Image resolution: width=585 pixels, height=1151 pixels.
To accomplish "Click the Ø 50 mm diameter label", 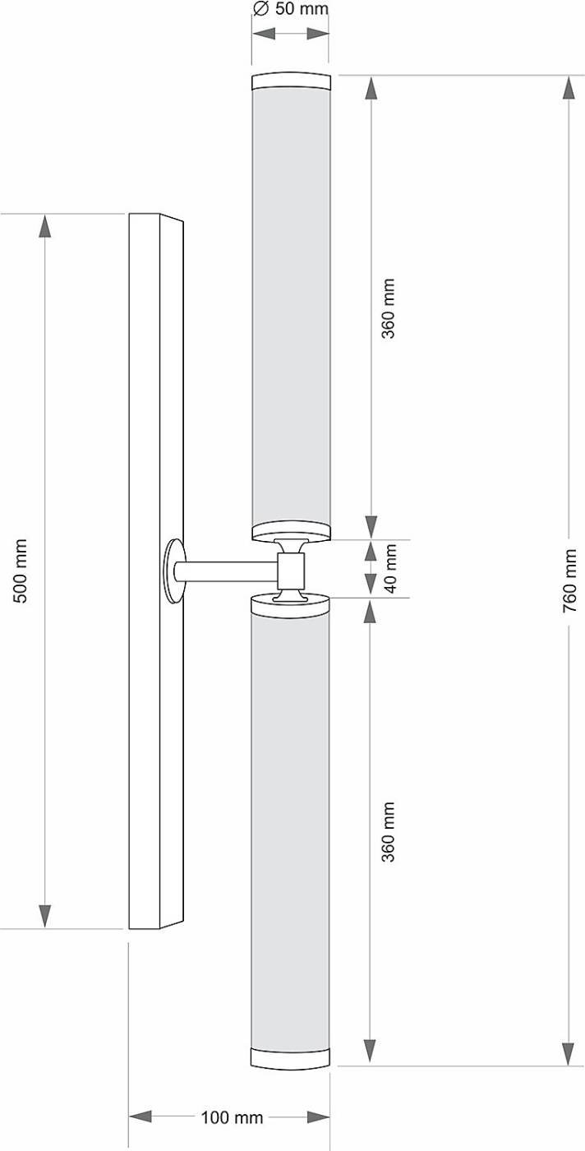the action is [x=291, y=9].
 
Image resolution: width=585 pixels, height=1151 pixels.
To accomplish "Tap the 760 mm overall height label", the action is [x=569, y=580].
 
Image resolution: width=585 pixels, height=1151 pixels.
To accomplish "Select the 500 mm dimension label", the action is [x=20, y=571].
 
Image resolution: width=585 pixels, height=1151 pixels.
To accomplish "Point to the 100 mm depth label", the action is [x=232, y=1117].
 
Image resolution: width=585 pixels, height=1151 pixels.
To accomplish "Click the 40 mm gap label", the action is [x=390, y=568].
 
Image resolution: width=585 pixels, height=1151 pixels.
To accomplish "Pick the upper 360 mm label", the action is [x=389, y=308].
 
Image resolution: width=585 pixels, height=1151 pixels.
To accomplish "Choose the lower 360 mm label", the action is [x=389, y=831].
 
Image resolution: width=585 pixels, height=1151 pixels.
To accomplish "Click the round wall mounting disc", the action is [x=173, y=571].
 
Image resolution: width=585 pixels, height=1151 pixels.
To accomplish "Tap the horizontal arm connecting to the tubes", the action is [x=226, y=571].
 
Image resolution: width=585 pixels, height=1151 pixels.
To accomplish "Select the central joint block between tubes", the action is [x=291, y=570].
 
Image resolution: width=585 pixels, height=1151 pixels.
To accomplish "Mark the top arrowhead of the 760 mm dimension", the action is [x=568, y=87].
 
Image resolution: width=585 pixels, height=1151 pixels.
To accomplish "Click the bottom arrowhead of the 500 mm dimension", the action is [x=45, y=916].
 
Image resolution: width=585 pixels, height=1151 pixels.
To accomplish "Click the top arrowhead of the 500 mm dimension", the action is [x=45, y=225].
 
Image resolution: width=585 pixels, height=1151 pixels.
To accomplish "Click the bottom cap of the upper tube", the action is [x=291, y=532].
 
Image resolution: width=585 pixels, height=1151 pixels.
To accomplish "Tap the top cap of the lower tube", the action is [x=291, y=605].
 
